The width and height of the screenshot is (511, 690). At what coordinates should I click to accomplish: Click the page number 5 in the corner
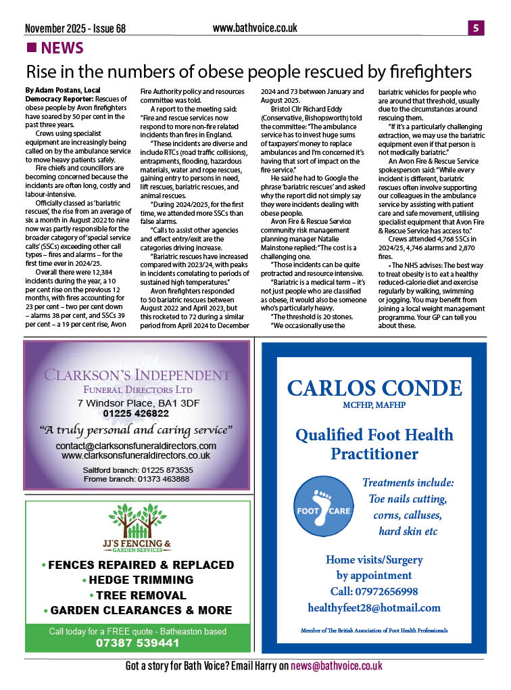(x=476, y=28)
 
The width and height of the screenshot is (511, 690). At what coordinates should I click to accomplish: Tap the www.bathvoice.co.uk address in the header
(x=255, y=28)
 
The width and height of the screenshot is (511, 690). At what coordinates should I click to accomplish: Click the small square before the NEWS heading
(x=30, y=47)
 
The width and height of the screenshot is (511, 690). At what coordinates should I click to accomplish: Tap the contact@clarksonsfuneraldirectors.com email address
(x=136, y=446)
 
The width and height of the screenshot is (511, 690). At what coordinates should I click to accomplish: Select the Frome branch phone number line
(x=136, y=479)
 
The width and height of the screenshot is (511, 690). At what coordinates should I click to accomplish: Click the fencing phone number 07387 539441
(x=137, y=642)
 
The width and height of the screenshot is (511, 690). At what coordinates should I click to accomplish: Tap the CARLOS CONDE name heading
(x=374, y=388)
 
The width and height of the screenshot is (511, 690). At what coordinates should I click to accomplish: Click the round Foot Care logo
(x=322, y=507)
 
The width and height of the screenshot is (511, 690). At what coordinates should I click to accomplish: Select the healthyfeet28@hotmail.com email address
(x=374, y=607)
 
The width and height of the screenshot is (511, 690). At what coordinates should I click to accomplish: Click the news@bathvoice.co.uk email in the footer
(x=336, y=666)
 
